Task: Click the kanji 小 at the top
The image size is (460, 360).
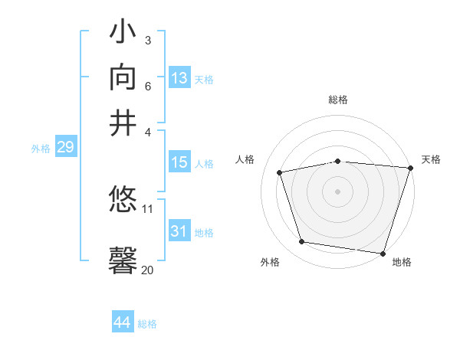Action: click(x=123, y=35)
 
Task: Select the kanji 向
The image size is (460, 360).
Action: click(x=123, y=79)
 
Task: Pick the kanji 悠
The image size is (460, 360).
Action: click(x=123, y=201)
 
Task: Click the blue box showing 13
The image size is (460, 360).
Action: click(x=179, y=78)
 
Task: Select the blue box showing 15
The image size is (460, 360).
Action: click(x=179, y=162)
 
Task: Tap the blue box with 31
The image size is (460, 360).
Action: click(x=179, y=231)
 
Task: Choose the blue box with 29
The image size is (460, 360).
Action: click(x=65, y=147)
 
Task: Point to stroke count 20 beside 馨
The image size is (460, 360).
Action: click(x=147, y=270)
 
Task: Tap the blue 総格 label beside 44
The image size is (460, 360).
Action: click(x=147, y=324)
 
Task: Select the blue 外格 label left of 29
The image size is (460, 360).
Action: click(x=41, y=149)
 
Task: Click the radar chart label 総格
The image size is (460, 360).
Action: click(x=338, y=100)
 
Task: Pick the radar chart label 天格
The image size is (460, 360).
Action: click(x=431, y=159)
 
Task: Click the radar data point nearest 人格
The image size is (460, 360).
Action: click(x=280, y=173)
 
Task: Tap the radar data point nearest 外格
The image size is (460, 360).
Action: click(x=302, y=242)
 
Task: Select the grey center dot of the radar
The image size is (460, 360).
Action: click(x=337, y=191)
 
